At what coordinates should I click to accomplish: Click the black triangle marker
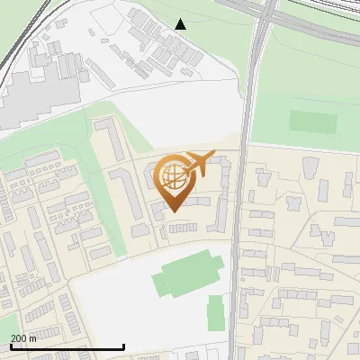coord(181,24)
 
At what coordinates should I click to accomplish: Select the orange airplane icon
coord(200,163)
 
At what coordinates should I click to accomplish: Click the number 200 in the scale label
coord(18,339)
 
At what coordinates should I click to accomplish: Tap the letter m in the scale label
coord(33,339)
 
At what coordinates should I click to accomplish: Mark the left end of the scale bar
coord(10,347)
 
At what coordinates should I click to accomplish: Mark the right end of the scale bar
coord(123,347)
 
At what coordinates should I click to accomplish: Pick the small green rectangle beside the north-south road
coord(216,314)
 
